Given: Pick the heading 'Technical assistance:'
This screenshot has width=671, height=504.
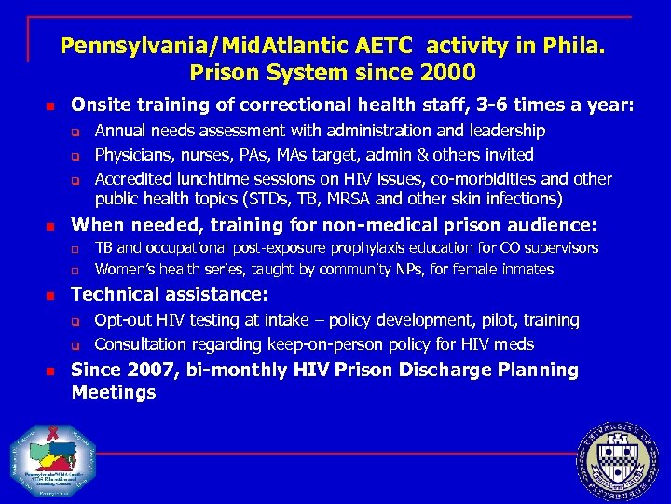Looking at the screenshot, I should [x=170, y=295].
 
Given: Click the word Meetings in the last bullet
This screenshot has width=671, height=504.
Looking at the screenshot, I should [x=114, y=393].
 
